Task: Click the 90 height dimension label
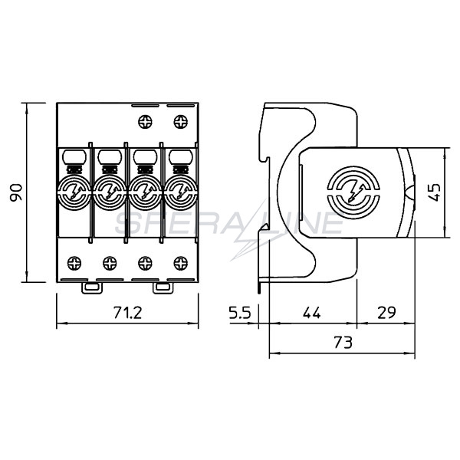16,192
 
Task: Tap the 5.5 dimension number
240,313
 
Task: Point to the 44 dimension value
312,313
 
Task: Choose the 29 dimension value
386,313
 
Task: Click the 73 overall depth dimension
343,343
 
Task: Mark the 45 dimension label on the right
434,192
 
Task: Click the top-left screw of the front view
145,121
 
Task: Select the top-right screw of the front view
181,121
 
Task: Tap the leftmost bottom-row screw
74,263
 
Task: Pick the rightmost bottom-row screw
181,263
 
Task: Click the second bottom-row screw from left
110,263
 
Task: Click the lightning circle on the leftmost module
74,192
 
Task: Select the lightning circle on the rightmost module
181,192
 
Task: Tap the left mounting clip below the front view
92,287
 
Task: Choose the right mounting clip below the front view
163,287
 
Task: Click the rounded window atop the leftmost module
74,157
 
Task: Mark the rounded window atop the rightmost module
181,157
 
